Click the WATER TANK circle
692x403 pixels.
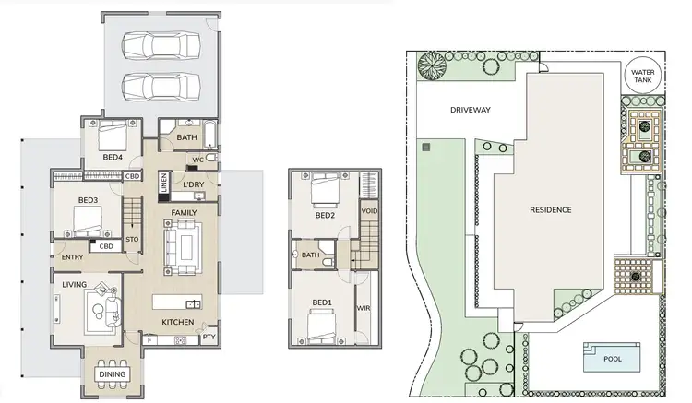click(640, 75)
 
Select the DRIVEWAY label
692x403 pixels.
click(470, 110)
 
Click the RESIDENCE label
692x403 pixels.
click(550, 209)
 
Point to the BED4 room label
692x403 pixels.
click(113, 157)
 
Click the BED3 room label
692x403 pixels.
click(88, 200)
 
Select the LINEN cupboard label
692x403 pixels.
click(162, 184)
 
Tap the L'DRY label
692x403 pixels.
click(194, 184)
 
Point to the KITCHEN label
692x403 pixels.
click(177, 322)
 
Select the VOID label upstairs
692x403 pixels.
click(370, 211)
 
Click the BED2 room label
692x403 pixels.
click(324, 216)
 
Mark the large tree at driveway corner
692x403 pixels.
click(431, 66)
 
